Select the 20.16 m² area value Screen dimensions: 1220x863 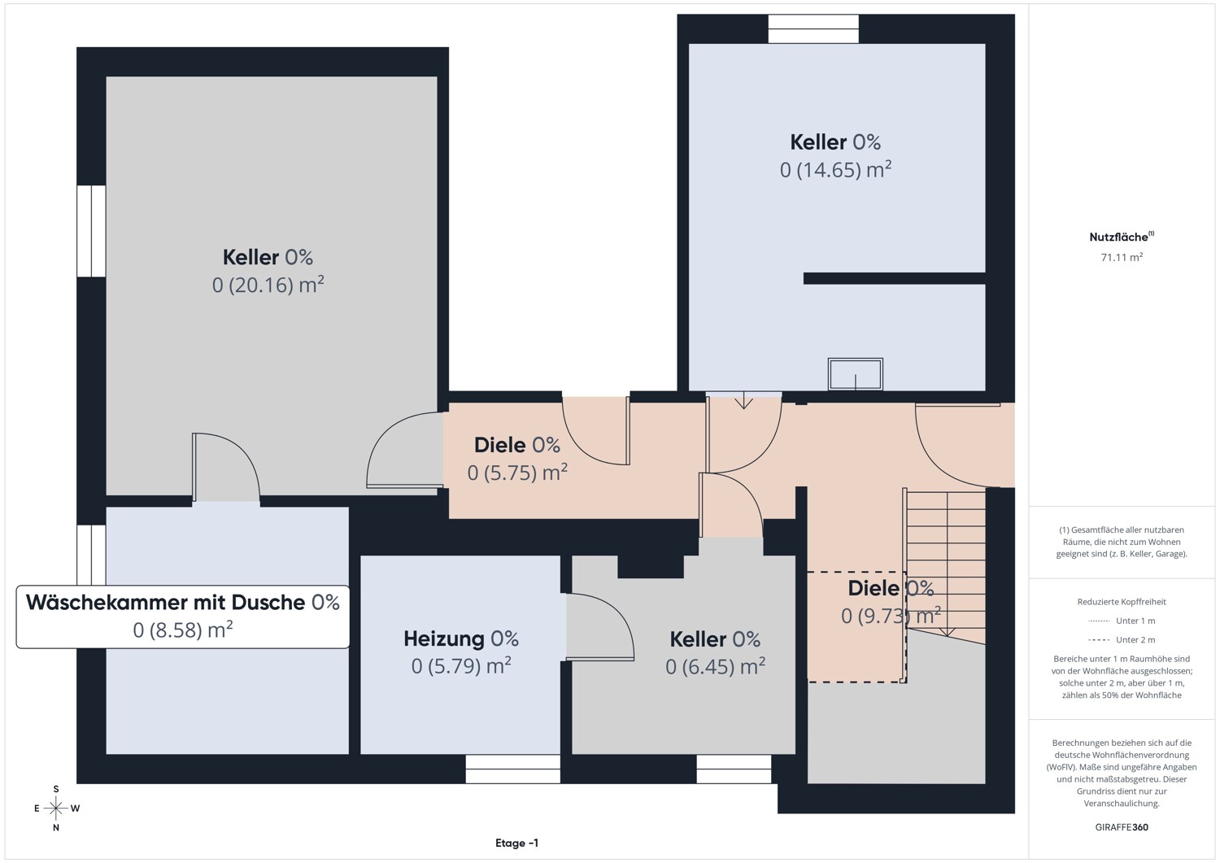pos(268,285)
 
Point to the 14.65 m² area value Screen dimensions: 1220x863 pos(835,169)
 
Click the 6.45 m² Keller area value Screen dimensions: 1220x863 pos(715,666)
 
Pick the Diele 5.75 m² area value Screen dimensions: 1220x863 pos(516,472)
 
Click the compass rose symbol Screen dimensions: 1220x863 pos(55,808)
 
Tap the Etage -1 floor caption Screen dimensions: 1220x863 pos(516,843)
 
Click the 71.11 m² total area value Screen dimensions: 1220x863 pos(1122,256)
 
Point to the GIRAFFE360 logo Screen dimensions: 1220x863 pos(1122,827)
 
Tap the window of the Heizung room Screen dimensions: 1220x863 pos(512,768)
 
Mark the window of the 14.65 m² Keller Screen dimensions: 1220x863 pos(813,29)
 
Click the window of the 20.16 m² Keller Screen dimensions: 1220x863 pos(91,231)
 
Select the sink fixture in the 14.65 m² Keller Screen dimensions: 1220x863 pos(855,373)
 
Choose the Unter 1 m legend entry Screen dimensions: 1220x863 pos(1122,621)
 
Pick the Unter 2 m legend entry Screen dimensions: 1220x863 pos(1122,639)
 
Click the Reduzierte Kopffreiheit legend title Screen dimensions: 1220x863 pos(1122,601)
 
